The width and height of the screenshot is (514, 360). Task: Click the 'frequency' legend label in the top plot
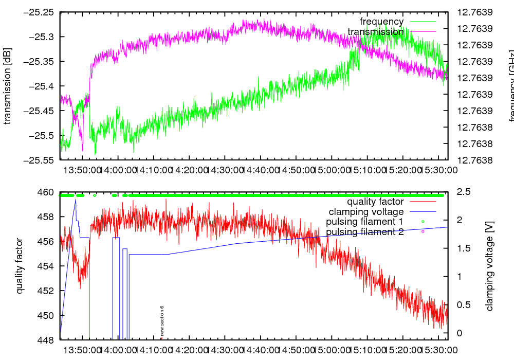[x=381, y=22]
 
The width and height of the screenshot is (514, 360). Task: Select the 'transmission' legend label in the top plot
[x=376, y=32]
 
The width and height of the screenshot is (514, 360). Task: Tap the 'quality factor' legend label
[x=375, y=202]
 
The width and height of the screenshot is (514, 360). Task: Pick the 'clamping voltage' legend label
[x=366, y=211]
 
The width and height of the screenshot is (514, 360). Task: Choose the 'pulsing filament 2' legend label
[x=365, y=232]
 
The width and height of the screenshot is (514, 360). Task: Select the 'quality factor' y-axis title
[x=20, y=266]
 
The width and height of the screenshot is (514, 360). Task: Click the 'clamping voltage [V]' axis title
[x=489, y=266]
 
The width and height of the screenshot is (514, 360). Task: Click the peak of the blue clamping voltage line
[x=76, y=199]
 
